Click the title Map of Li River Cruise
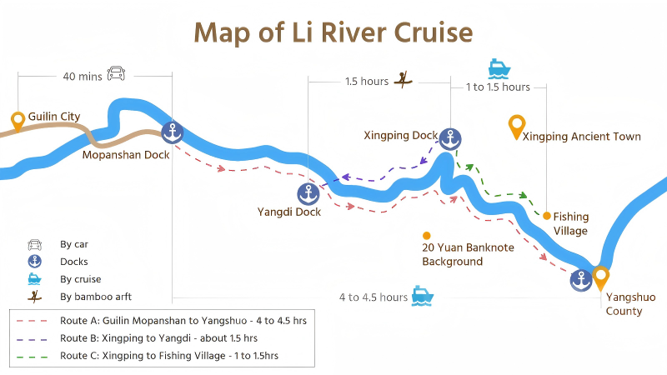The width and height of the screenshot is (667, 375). [x=333, y=32]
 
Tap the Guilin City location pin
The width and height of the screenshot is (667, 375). [x=18, y=122]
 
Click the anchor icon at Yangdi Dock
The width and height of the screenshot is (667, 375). [x=308, y=194]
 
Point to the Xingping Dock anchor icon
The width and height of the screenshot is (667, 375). [x=450, y=138]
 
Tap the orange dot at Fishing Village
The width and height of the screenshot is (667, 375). [x=547, y=216]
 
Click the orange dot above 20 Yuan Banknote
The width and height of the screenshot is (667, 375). [x=427, y=235]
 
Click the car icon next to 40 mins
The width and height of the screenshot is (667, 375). [x=117, y=74]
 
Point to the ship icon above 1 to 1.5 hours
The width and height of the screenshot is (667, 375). [x=499, y=67]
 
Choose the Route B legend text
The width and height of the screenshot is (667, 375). [x=158, y=338]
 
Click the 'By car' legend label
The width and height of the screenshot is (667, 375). [x=74, y=245]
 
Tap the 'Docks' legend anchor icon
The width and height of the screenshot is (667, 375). [x=35, y=262]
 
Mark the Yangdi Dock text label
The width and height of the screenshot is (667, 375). [x=289, y=212]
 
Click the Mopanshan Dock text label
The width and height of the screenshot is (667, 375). [x=126, y=154]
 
